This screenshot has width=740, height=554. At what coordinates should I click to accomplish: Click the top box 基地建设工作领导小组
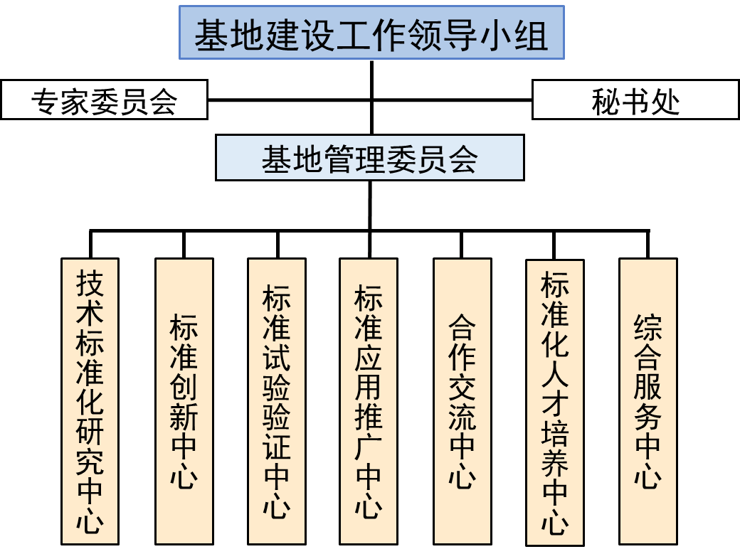point(371,33)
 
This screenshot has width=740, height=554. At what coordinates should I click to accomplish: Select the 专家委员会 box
point(104,100)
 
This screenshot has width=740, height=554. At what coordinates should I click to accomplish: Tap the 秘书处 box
point(635,100)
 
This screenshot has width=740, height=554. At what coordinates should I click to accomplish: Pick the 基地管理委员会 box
point(369,158)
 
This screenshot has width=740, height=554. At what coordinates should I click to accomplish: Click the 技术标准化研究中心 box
point(90,400)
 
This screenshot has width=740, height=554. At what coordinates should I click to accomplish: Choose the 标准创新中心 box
point(184,400)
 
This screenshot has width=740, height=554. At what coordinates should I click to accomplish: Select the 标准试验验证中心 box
point(276,400)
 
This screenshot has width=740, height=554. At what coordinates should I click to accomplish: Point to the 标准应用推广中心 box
point(368,400)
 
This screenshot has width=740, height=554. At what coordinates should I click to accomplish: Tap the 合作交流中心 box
point(462,400)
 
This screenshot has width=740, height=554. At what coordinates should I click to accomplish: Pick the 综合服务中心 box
point(647,400)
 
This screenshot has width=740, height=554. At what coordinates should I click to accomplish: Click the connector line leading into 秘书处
point(452,99)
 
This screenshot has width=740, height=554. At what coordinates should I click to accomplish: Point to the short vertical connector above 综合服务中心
point(647,244)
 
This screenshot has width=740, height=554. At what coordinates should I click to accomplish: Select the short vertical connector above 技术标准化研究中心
point(90,244)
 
